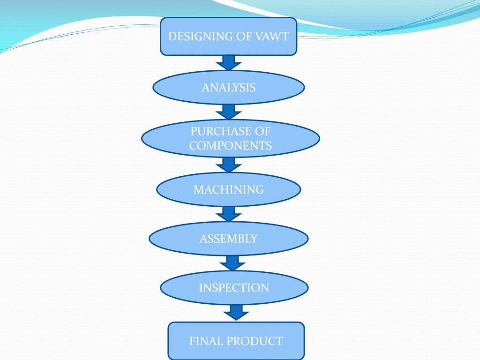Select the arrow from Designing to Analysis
coord(229,62)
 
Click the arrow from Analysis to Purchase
coord(229,112)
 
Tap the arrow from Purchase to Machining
coord(229,165)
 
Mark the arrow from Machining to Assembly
coord(229,214)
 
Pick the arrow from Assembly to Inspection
coord(233,262)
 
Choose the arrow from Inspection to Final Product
coord(236,312)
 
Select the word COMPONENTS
coord(231,146)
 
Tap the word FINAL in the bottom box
coord(205,341)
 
